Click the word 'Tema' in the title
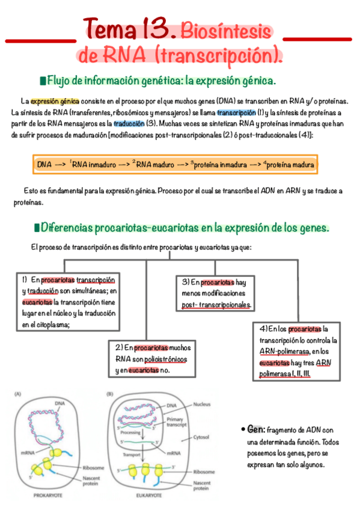pyautogui.click(x=111, y=29)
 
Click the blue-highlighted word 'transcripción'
pyautogui.click(x=236, y=113)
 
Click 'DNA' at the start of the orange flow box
pyautogui.click(x=44, y=164)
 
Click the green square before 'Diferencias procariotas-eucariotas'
pyautogui.click(x=37, y=228)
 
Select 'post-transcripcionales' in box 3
pyautogui.click(x=216, y=305)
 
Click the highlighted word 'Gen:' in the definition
pyautogui.click(x=255, y=429)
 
